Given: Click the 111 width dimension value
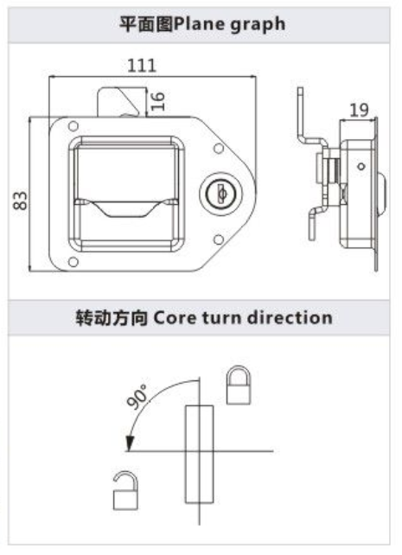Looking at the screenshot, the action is pyautogui.click(x=142, y=66).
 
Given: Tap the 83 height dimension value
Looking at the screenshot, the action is pyautogui.click(x=20, y=201).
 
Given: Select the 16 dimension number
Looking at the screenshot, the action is pyautogui.click(x=158, y=101).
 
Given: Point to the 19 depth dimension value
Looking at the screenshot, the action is pyautogui.click(x=359, y=111).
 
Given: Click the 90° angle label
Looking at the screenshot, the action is pyautogui.click(x=137, y=397).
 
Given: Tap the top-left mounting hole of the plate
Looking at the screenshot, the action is pyautogui.click(x=73, y=126).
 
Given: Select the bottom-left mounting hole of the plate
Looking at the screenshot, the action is pyautogui.click(x=73, y=262).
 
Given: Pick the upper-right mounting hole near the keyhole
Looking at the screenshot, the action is pyautogui.click(x=219, y=149).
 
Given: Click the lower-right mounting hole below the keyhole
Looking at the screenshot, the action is pyautogui.click(x=219, y=240).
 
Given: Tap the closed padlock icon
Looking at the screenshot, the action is pyautogui.click(x=239, y=385).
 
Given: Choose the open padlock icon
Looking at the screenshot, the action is pyautogui.click(x=125, y=490).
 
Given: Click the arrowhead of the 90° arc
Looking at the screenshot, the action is pyautogui.click(x=130, y=443).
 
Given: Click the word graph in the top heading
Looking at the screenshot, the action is pyautogui.click(x=258, y=25).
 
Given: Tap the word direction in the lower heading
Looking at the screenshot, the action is pyautogui.click(x=290, y=317).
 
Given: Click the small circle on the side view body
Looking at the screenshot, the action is pyautogui.click(x=361, y=166).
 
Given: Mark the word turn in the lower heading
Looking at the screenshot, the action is pyautogui.click(x=220, y=318).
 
